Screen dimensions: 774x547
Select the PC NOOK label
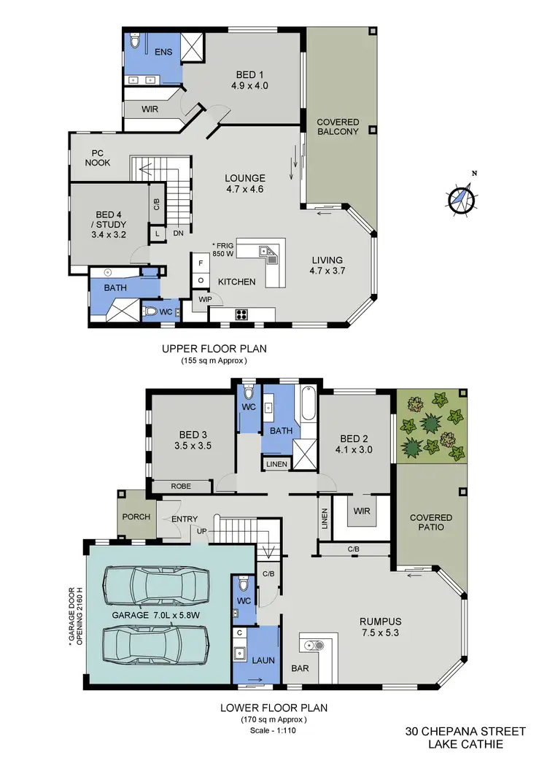coord(97,158)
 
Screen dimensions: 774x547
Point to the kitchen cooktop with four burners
coord(241,314)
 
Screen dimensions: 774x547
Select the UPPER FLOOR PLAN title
coord(214,349)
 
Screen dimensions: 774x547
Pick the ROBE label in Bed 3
coord(181,486)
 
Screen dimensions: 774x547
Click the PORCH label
coord(137,516)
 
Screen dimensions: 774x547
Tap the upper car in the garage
coord(156,584)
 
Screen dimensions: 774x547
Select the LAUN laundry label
coord(263,660)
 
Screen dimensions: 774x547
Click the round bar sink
coord(315,645)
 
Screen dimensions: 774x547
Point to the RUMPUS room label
coord(381,627)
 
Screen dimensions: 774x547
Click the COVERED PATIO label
coord(430,523)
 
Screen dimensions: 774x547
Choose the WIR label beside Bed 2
coord(360,511)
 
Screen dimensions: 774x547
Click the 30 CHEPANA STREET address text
coord(465,730)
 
